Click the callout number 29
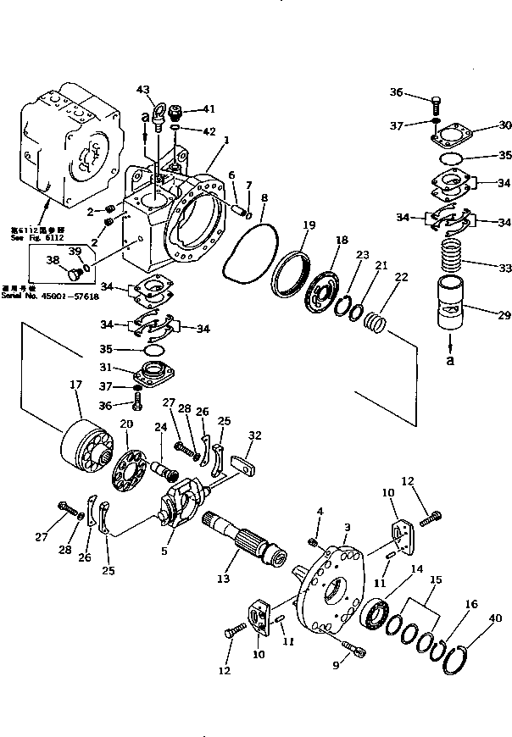(x=504, y=315)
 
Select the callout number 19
(x=309, y=225)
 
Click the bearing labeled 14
(x=375, y=612)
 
